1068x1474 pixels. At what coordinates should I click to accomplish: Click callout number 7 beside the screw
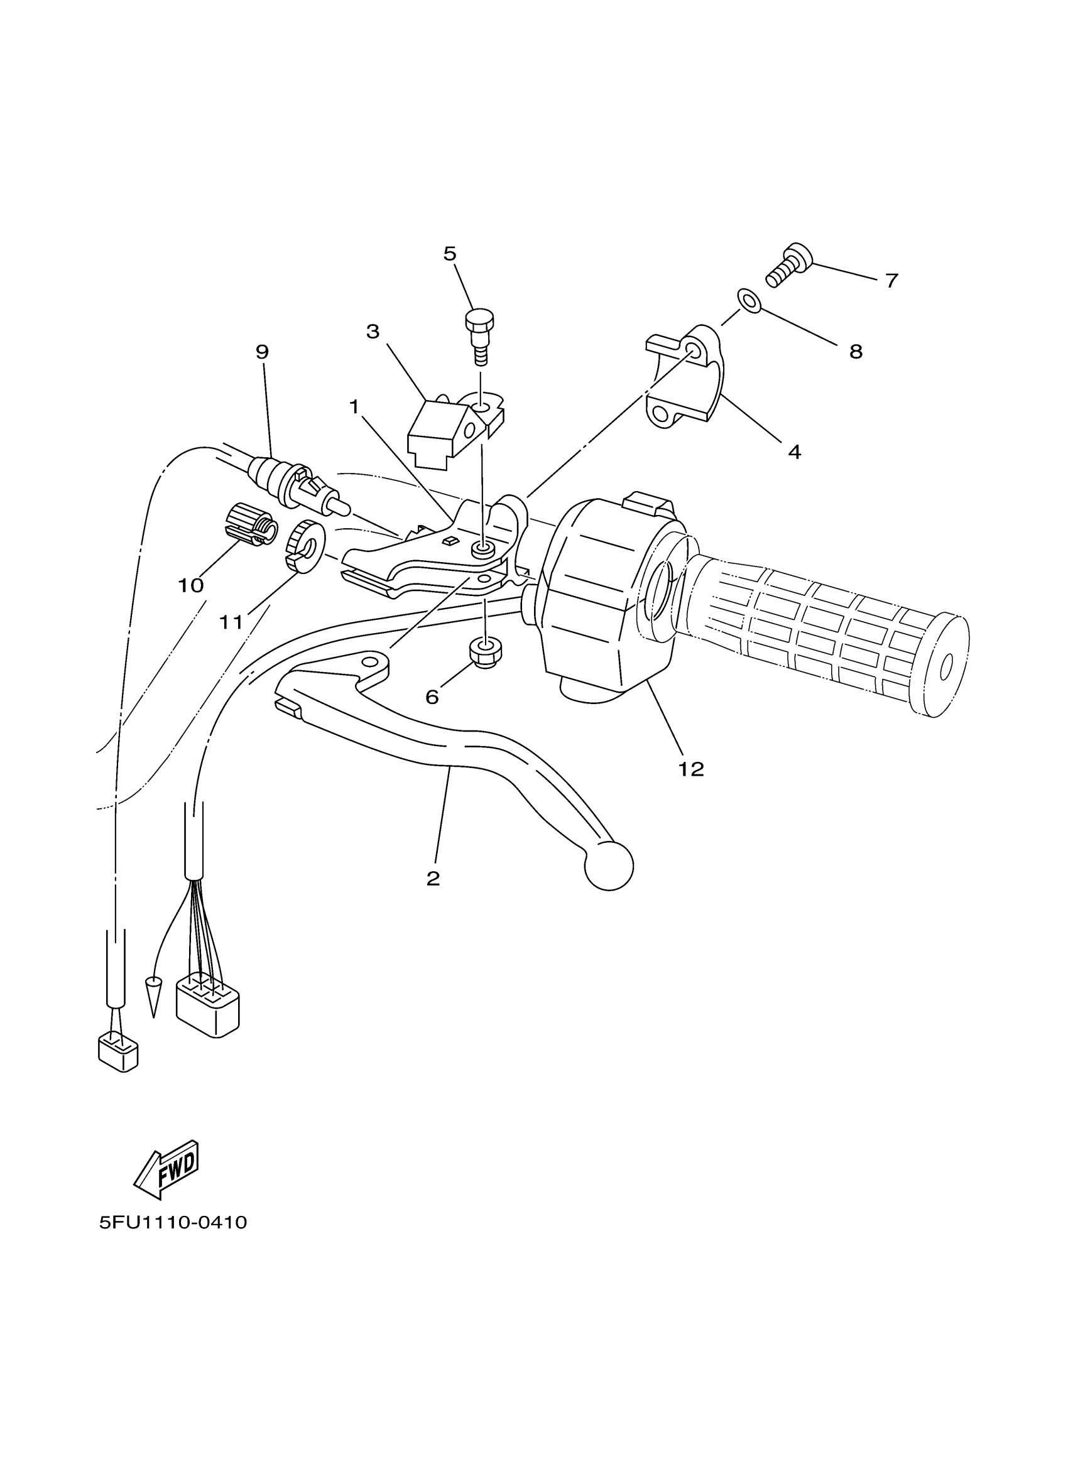coord(892,281)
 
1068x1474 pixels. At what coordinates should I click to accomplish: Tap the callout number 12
coord(691,769)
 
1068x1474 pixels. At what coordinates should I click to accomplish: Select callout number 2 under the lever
coord(433,879)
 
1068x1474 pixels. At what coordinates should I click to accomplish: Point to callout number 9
coord(262,352)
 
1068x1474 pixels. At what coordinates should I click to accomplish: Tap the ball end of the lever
coord(609,865)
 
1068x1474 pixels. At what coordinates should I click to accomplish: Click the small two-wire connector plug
coord(117,1053)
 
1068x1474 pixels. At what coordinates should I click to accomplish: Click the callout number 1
coord(354,407)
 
